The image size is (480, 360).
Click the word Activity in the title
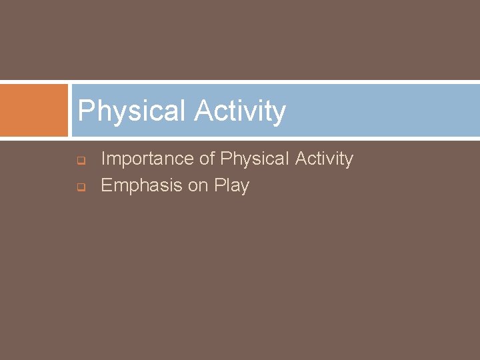tap(240, 111)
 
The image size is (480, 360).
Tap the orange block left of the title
tap(34, 110)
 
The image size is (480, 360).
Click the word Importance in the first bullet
tap(147, 159)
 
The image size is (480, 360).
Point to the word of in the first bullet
tap(207, 159)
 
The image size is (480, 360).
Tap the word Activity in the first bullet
tap(325, 159)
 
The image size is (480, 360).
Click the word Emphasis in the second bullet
tap(141, 185)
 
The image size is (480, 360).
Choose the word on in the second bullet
tap(198, 186)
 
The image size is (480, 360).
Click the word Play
tap(231, 186)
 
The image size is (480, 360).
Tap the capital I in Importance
tap(103, 159)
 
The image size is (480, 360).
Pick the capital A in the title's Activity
tap(203, 111)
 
